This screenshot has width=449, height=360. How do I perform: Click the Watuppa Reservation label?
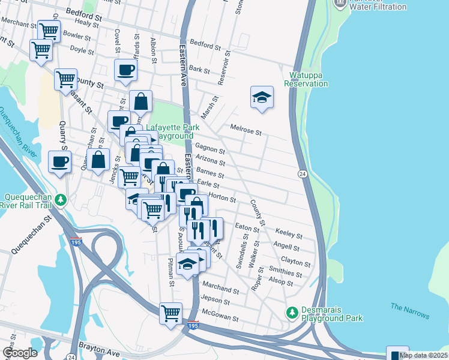309,79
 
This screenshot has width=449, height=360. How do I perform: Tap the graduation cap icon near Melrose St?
262,97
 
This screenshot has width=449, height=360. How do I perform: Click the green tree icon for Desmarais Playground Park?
292,313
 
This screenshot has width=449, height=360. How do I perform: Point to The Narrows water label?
410,310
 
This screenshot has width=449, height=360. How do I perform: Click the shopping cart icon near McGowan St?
170,313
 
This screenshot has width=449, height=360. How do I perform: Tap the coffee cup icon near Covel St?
125,70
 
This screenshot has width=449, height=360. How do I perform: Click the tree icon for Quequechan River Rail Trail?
60,200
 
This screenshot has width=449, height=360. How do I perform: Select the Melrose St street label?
246,129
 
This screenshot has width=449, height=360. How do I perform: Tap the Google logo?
20,353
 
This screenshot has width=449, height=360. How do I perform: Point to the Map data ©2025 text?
423,355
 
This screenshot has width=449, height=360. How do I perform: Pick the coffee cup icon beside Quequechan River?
59,162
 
